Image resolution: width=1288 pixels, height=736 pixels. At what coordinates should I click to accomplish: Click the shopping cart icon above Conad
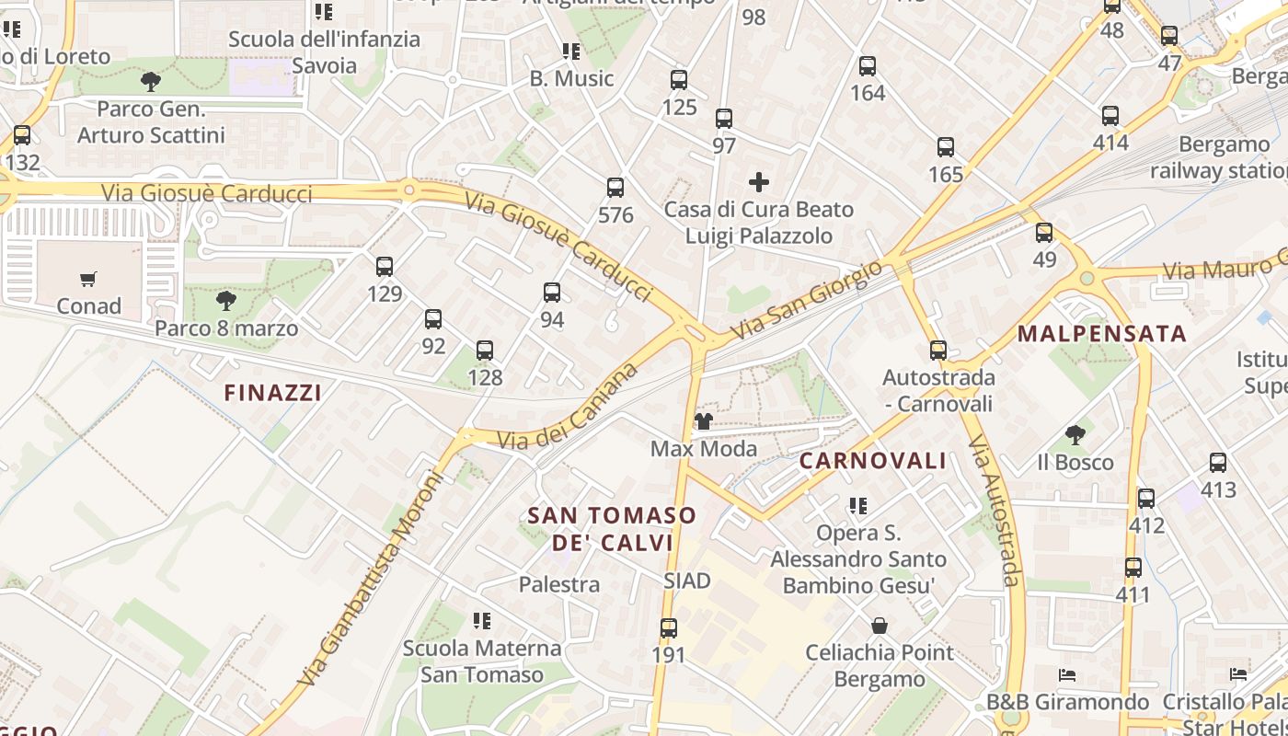(x=88, y=279)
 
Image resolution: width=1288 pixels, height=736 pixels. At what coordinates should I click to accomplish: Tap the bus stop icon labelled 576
(x=615, y=188)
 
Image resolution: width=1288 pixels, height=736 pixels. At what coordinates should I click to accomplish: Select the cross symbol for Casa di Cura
(x=759, y=182)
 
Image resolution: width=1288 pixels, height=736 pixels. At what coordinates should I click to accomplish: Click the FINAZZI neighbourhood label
(x=273, y=393)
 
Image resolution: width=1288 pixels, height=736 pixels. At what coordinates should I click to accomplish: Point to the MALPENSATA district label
(x=1102, y=334)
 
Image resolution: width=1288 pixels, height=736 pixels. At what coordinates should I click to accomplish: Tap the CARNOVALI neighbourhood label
(x=872, y=461)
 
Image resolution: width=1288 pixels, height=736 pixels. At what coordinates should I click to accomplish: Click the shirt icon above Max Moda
(x=704, y=421)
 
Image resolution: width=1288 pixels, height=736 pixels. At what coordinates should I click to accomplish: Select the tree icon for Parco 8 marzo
(x=225, y=301)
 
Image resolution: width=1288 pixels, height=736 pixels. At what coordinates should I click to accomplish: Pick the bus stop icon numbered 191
(x=669, y=628)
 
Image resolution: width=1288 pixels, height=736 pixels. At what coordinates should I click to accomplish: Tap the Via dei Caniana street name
(x=568, y=407)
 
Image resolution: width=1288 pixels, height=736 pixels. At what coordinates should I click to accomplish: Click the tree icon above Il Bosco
(x=1075, y=434)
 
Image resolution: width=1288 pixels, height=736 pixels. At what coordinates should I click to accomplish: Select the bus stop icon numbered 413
(x=1218, y=463)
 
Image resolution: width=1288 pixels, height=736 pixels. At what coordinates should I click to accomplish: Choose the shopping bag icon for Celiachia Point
(x=880, y=626)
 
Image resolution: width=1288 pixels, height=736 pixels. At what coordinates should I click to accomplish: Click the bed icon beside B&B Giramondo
(x=1067, y=675)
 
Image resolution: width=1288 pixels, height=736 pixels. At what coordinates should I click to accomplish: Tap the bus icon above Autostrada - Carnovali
(x=938, y=351)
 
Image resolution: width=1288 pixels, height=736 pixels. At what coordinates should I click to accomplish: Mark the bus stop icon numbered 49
(x=1044, y=233)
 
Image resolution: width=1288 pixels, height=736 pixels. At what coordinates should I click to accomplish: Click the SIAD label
(x=687, y=581)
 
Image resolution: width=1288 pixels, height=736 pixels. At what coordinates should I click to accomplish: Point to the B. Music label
(x=571, y=78)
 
